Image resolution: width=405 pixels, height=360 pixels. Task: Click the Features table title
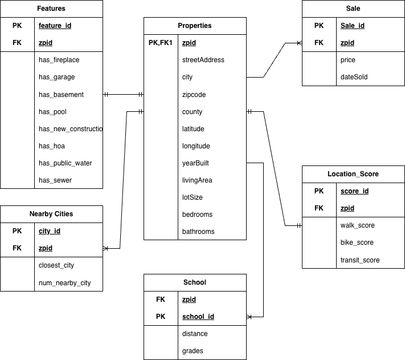tap(51, 9)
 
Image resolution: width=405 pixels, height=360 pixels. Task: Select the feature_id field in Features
tap(55, 26)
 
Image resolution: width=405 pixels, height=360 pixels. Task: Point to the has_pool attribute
tap(52, 112)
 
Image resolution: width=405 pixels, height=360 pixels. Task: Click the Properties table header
tap(195, 26)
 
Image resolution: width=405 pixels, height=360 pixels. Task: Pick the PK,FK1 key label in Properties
tap(160, 43)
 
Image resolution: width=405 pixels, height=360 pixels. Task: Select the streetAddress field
tap(203, 60)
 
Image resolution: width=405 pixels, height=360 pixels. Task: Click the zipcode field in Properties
tap(194, 95)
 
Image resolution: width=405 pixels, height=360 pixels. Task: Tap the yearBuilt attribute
tap(195, 163)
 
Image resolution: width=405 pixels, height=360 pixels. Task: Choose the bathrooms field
tap(198, 232)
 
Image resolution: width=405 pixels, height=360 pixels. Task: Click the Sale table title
tap(353, 9)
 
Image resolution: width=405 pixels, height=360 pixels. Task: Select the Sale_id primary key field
tap(353, 26)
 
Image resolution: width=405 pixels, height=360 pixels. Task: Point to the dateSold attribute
tap(354, 77)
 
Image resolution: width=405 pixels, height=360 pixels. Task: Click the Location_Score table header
tap(353, 174)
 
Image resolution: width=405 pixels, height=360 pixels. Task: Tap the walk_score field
tap(357, 225)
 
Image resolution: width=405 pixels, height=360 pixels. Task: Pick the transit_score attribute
tap(360, 260)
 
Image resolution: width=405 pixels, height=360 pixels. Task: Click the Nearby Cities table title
tap(51, 214)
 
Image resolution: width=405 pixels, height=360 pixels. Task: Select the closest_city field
tap(56, 265)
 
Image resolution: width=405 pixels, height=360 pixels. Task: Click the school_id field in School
tap(198, 317)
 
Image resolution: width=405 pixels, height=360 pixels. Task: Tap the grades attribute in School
tap(193, 351)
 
